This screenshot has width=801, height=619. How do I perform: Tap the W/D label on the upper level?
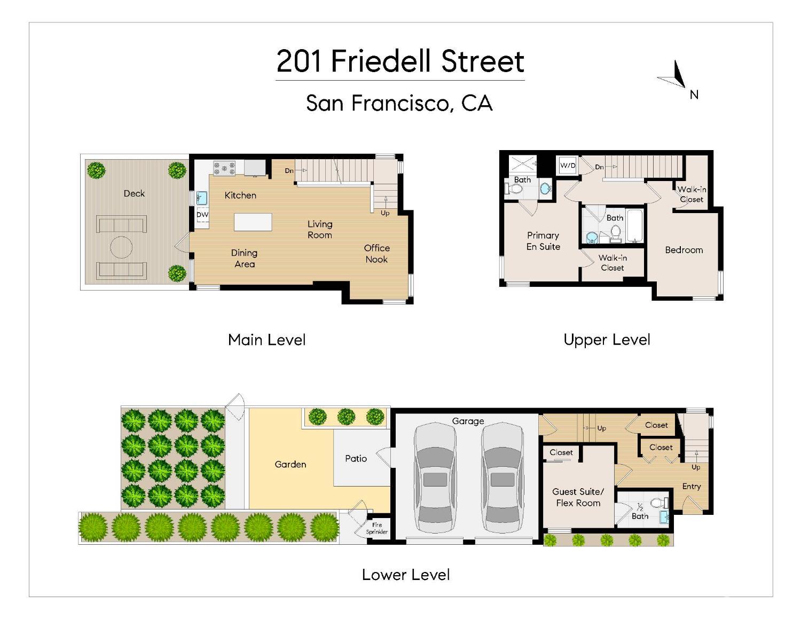click(x=568, y=166)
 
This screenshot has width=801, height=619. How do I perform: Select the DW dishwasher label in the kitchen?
click(x=202, y=215)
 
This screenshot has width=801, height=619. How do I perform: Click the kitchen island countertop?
click(x=253, y=222)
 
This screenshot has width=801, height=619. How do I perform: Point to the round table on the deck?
click(x=121, y=247)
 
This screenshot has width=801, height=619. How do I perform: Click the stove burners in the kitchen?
click(x=224, y=168)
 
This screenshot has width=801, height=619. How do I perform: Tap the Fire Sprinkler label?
click(x=377, y=528)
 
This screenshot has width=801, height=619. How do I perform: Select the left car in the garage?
click(x=435, y=478)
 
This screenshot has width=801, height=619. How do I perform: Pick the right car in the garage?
click(x=502, y=478)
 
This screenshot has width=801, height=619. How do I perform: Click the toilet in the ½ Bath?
click(x=658, y=503)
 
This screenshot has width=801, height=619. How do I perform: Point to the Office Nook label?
click(x=376, y=254)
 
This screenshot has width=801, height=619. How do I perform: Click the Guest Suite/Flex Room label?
click(x=578, y=497)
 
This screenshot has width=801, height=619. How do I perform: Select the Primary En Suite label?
click(x=543, y=241)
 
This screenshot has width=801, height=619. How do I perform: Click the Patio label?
click(x=356, y=458)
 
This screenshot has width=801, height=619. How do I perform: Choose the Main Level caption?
click(x=266, y=340)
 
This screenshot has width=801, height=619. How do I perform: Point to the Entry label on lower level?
click(x=691, y=486)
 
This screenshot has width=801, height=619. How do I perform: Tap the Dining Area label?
click(x=244, y=258)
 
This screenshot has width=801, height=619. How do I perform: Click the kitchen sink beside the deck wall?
click(x=201, y=198)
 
